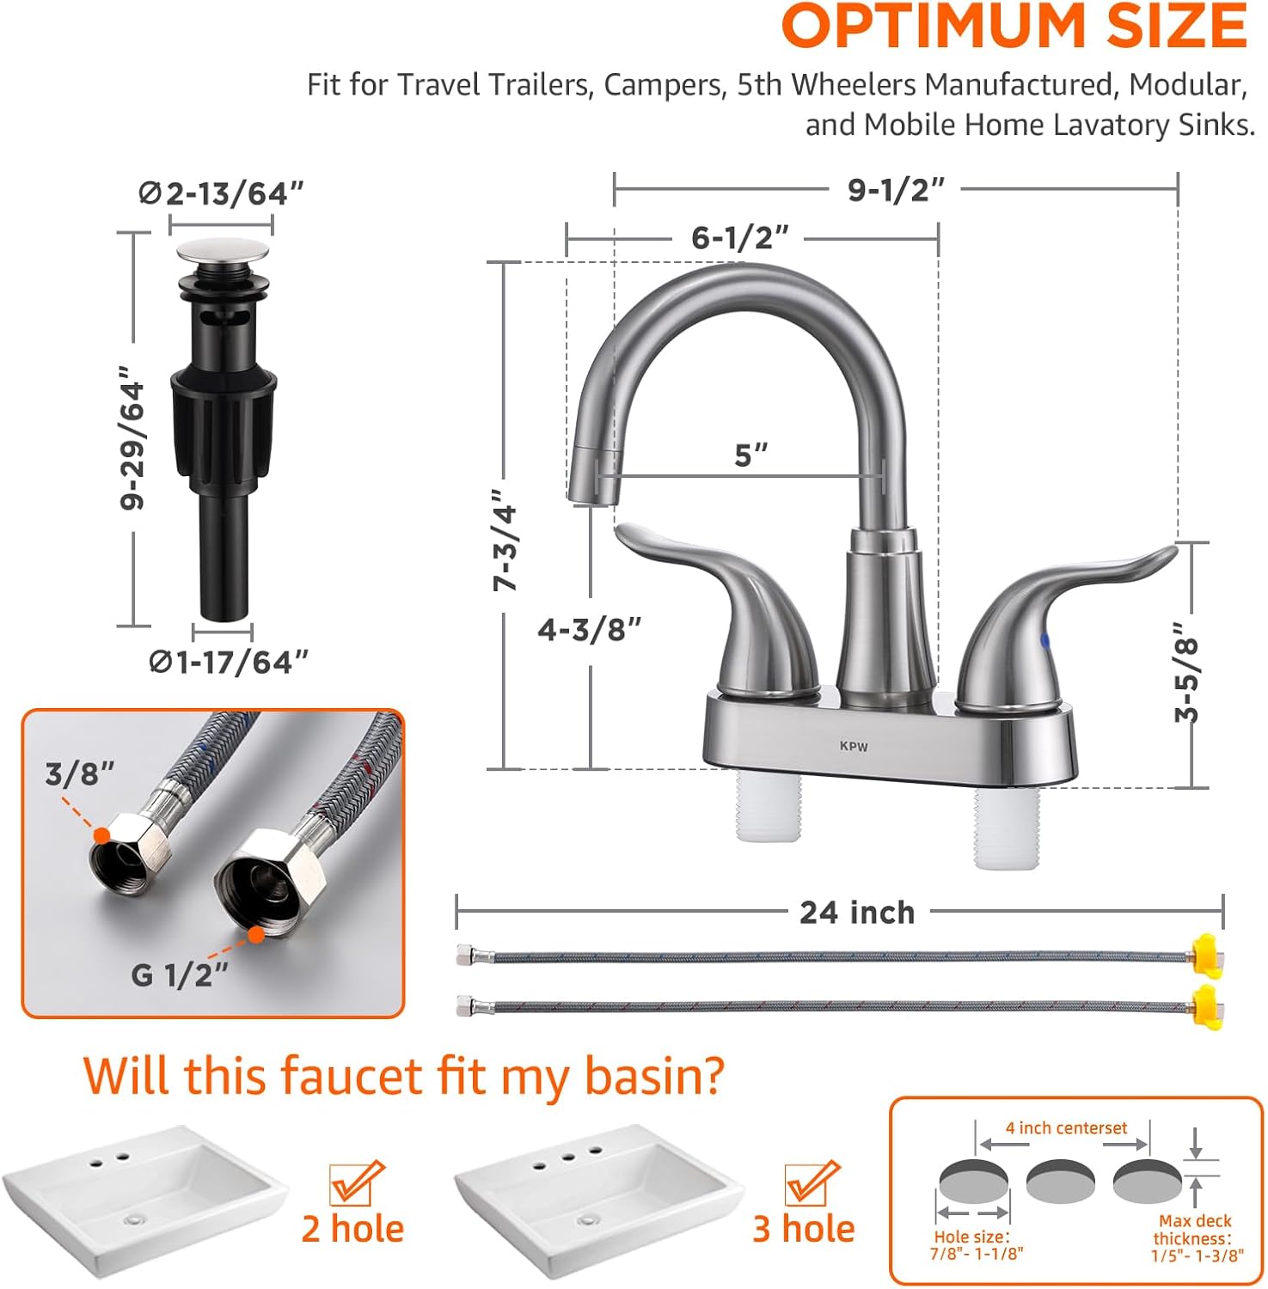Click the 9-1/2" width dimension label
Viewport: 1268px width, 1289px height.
896,190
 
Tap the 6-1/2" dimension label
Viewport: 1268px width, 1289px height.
739,237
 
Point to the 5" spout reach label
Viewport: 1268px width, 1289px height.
750,455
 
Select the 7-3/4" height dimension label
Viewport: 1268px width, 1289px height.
505,540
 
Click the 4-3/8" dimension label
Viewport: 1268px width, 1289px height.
590,630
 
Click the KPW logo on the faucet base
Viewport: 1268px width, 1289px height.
854,746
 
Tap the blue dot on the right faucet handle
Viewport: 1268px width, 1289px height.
1044,640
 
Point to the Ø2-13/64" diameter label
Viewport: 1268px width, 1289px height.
222,193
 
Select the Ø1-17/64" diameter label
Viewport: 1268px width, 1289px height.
229,662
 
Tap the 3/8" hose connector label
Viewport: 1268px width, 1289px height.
79,773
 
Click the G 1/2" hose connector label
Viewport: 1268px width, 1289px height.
180,974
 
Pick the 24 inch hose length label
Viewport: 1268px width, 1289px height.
857,913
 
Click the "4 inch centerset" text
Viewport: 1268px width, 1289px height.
1066,1128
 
